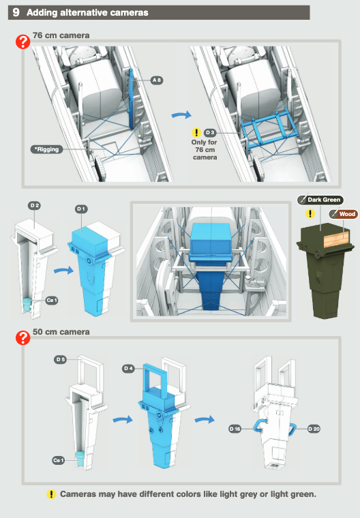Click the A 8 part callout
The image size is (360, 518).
[157, 80]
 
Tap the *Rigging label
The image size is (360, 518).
[46, 149]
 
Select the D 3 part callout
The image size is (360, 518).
[210, 132]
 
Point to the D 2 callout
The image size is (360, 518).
[34, 205]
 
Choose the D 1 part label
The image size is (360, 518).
[81, 209]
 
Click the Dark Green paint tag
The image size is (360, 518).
[320, 200]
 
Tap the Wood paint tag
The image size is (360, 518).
[343, 214]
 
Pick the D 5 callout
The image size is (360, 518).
[60, 359]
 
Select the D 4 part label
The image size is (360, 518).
[128, 368]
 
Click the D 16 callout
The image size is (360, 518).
[235, 429]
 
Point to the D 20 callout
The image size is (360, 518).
[314, 429]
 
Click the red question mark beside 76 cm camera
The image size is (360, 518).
[22, 42]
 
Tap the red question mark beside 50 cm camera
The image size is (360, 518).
[22, 338]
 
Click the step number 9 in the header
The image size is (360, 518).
[16, 12]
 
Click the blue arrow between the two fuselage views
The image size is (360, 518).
[181, 115]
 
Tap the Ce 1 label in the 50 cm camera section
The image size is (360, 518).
[58, 460]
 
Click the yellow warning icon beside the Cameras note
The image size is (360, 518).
[51, 494]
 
